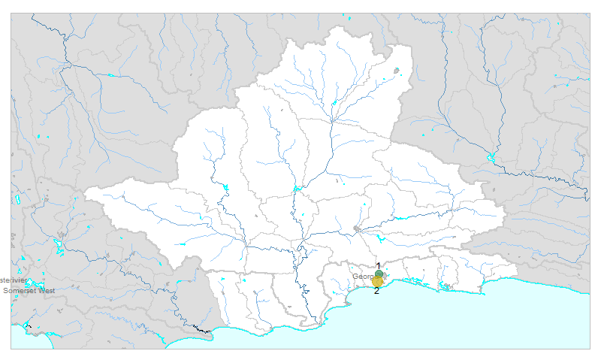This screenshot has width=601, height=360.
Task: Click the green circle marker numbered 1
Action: pos(379,274)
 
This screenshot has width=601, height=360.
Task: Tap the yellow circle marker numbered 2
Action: pos(377,282)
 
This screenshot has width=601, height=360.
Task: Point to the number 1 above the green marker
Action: pos(379,266)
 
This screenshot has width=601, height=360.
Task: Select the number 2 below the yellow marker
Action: pos(376,291)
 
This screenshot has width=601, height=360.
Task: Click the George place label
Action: pos(364,277)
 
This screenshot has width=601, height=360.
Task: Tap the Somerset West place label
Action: pos(29,290)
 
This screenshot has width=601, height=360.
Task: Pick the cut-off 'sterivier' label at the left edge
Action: pos(14,280)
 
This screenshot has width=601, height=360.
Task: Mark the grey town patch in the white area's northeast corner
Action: pos(398,71)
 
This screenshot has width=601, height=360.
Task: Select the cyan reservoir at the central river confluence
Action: pos(297,188)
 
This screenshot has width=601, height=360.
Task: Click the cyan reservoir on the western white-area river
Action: pos(224,187)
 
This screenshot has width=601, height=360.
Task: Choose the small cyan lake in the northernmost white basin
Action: pos(334,103)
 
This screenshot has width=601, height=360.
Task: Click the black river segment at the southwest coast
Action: pos(201,329)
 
